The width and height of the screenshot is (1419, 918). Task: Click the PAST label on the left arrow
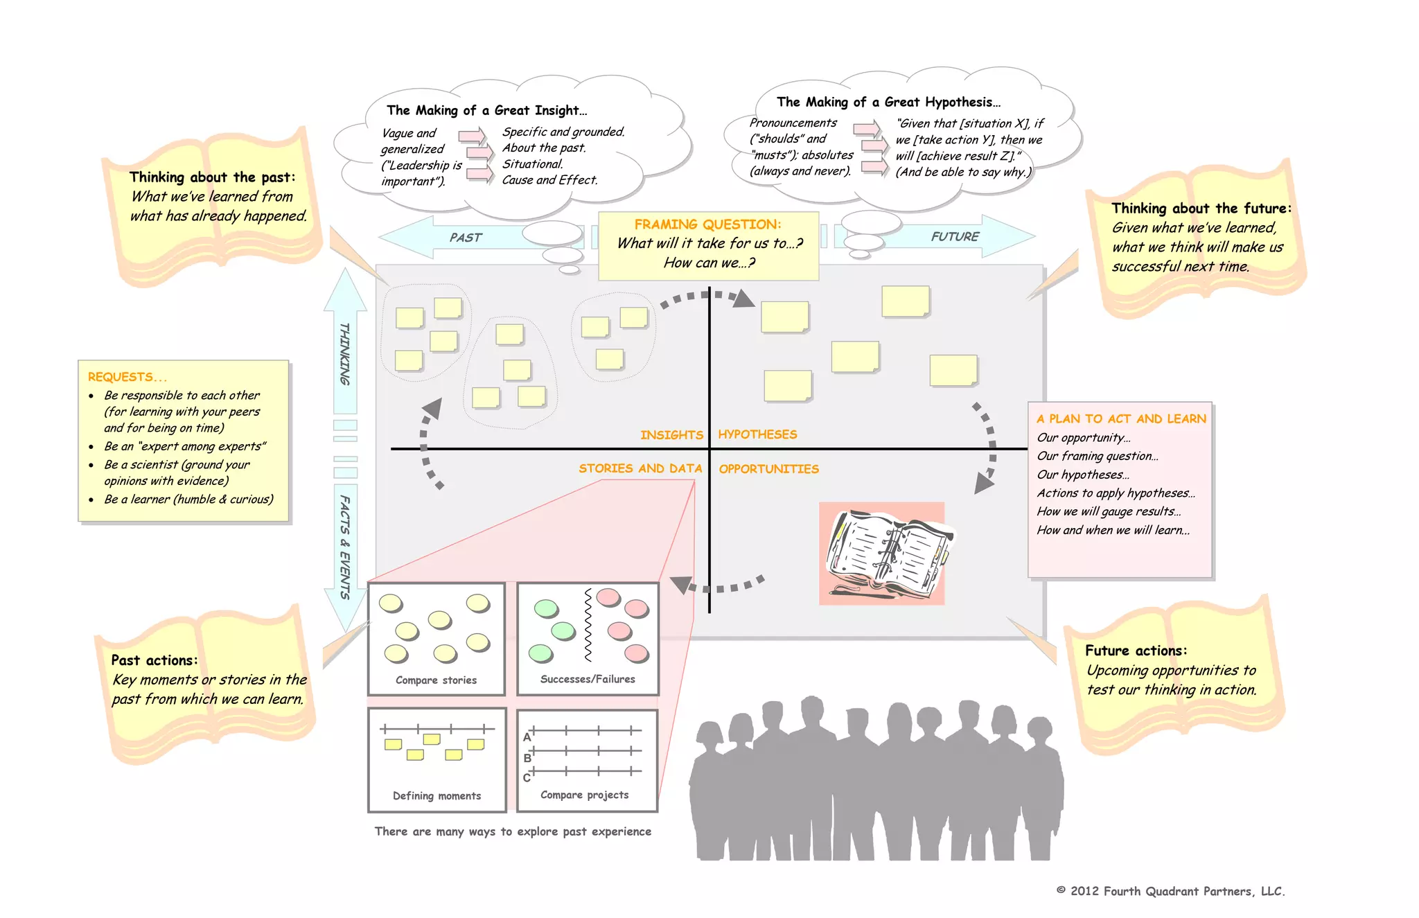[x=465, y=238]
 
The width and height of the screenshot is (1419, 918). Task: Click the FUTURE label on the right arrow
[x=955, y=237]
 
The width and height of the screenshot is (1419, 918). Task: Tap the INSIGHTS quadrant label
[x=671, y=435]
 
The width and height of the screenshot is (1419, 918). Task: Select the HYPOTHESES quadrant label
[x=757, y=434]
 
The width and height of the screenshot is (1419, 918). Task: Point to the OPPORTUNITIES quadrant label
[x=768, y=469]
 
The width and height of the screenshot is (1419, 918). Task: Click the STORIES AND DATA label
[x=640, y=468]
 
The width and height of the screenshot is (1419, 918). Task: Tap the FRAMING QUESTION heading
[x=707, y=224]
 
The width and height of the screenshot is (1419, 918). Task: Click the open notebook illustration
[x=883, y=554]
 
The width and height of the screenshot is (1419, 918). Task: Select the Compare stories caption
[x=436, y=680]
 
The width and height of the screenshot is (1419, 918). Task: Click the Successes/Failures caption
[x=588, y=679]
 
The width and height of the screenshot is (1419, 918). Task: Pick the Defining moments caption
[x=437, y=796]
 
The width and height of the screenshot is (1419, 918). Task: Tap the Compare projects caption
[x=584, y=795]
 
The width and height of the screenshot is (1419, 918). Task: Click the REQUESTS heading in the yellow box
[x=127, y=377]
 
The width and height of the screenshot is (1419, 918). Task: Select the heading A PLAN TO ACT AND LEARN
[x=1121, y=418]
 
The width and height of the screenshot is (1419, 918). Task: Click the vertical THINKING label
[x=344, y=353]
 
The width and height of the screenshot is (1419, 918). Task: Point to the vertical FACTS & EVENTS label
[x=344, y=547]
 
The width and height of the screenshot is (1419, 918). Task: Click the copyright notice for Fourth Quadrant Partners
[x=1170, y=891]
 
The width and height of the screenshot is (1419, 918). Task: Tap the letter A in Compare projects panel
[x=527, y=737]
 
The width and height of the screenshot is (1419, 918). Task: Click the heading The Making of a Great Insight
[x=486, y=110]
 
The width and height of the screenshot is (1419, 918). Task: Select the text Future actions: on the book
[x=1136, y=651]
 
